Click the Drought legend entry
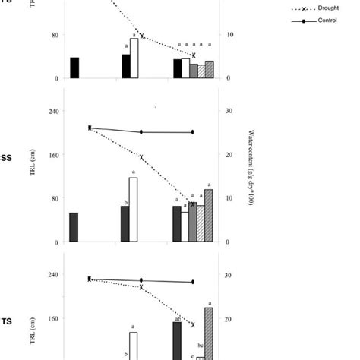point(318,9)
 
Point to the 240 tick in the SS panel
point(53,111)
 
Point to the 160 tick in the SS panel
point(53,155)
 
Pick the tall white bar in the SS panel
point(134,210)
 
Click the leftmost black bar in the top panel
point(74,68)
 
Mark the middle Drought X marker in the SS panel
point(142,156)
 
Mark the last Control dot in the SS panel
point(192,132)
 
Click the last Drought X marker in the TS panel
point(193,324)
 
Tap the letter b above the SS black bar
point(124,203)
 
